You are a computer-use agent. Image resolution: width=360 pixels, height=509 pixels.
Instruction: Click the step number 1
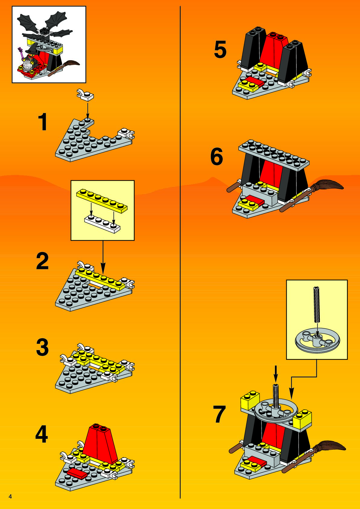click(x=43, y=122)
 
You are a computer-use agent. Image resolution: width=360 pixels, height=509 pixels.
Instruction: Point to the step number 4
click(x=41, y=434)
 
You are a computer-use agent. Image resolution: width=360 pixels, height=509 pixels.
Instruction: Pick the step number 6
click(x=217, y=156)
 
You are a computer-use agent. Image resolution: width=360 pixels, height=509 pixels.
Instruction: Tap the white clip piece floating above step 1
click(x=85, y=95)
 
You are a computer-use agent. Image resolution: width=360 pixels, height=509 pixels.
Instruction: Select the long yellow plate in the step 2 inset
click(x=102, y=201)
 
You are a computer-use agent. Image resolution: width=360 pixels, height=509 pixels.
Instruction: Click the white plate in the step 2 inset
click(x=102, y=224)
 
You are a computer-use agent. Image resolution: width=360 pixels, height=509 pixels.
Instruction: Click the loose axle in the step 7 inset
click(x=316, y=305)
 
